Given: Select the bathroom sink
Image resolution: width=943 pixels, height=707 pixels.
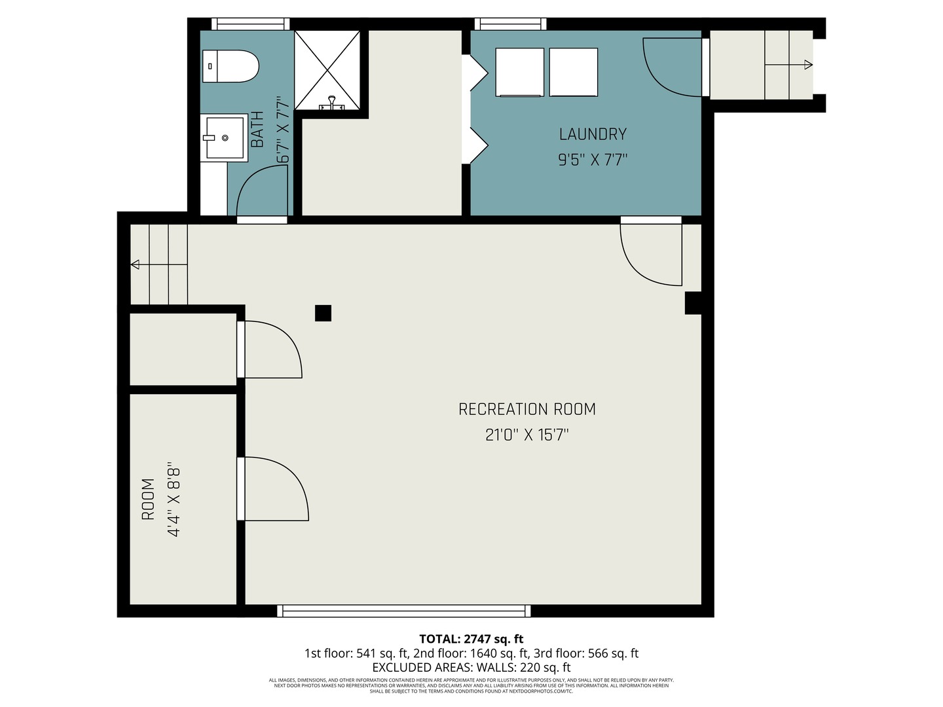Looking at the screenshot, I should pos(224,137).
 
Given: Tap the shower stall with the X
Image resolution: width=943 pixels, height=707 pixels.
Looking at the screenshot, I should pos(327,70).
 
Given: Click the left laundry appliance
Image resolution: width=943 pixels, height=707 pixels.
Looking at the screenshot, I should pos(520,72).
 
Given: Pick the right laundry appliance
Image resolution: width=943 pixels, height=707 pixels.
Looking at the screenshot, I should pos(573,72).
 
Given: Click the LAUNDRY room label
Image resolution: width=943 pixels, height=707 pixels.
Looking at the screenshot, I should pos(593,134).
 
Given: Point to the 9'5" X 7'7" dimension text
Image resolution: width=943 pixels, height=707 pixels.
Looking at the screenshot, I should pos(593,160).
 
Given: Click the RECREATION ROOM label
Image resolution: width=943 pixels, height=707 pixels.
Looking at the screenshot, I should pos(527,409).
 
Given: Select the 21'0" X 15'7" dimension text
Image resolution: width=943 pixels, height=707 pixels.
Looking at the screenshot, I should pos(527,435).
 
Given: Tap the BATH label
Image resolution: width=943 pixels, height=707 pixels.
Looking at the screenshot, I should pos(257,129).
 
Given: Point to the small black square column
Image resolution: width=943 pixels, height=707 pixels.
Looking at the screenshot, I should pos(323,313).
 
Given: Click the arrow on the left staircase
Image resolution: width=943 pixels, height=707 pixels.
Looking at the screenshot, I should pos(136,264).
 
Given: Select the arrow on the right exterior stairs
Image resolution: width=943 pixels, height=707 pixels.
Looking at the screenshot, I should pos(808,65).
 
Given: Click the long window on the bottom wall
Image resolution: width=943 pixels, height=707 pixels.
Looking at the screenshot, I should pos(404,611).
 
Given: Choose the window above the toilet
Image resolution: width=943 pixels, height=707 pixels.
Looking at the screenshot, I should pos(250,24).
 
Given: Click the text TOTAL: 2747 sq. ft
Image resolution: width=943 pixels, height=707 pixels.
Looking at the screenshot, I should pos(471,639).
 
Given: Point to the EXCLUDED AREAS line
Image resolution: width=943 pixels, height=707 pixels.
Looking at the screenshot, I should pos(471,668).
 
